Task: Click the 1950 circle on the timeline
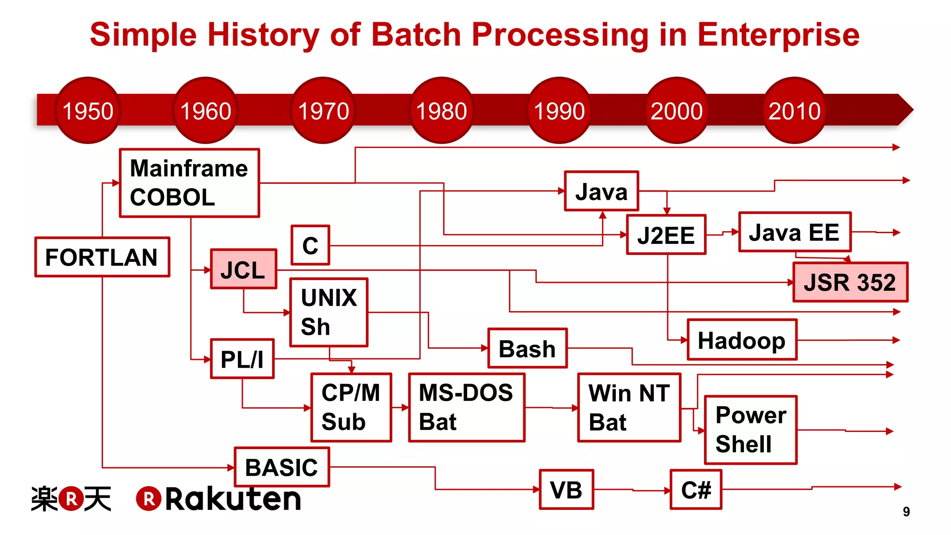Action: [88, 111]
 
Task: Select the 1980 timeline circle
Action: [441, 111]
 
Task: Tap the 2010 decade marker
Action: [795, 111]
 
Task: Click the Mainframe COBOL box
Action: [189, 183]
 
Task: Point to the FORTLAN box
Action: [102, 257]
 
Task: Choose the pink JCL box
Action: [243, 269]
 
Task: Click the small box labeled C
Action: [310, 245]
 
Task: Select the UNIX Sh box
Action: [329, 312]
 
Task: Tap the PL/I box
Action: [242, 359]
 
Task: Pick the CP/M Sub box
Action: [351, 407]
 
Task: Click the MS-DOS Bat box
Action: [466, 407]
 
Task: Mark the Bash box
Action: [527, 348]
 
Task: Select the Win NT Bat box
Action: [629, 407]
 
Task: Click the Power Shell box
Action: [750, 430]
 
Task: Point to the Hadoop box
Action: [742, 340]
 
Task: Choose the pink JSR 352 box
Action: [850, 282]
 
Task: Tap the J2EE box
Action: [666, 235]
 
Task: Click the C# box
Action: [696, 489]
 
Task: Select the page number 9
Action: [906, 511]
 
